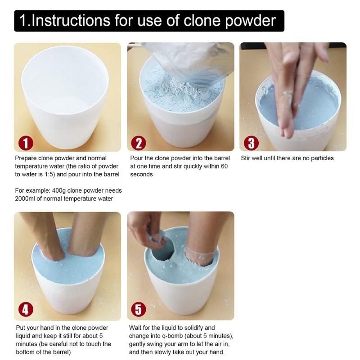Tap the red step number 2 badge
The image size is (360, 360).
[138, 143]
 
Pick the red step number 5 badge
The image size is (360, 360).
[138, 310]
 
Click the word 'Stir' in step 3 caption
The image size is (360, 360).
[247, 158]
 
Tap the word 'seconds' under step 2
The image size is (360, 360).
[141, 175]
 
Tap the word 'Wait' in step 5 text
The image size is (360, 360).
[136, 328]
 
